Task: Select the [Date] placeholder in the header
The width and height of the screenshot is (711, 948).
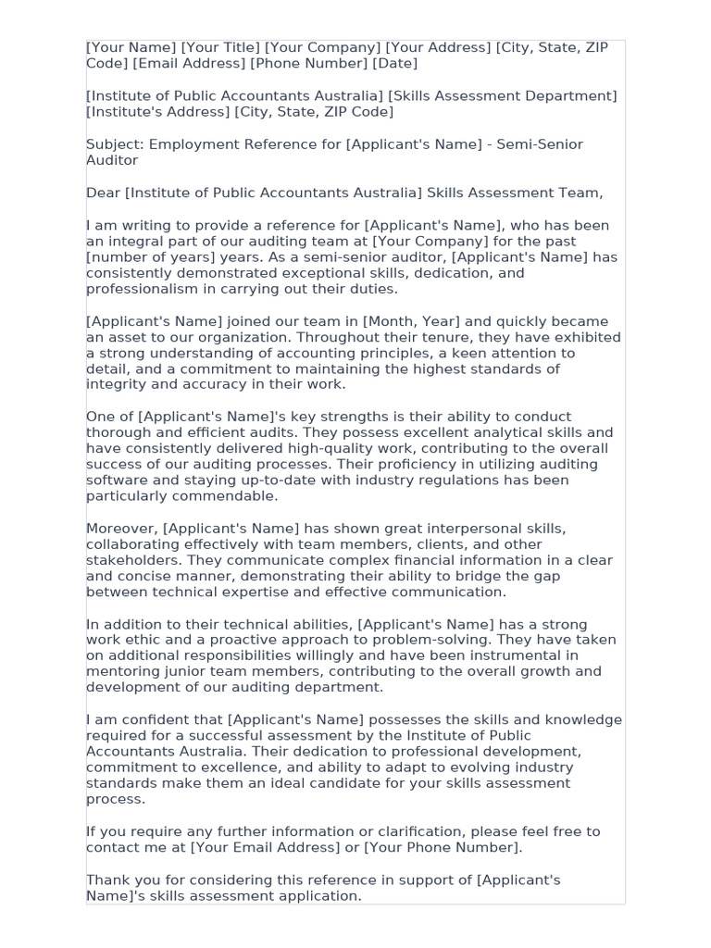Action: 394,63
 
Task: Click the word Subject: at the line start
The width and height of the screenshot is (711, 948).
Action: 115,144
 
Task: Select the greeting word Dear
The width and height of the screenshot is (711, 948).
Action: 103,193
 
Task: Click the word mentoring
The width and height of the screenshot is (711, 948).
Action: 125,672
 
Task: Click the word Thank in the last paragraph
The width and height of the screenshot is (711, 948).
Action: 107,879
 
